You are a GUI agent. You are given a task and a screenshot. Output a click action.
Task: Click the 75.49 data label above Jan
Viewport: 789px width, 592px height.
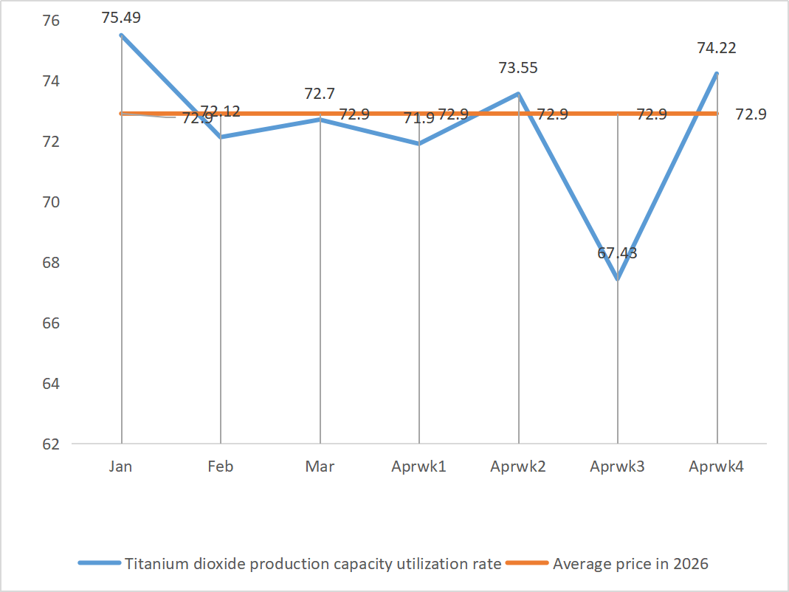click(121, 17)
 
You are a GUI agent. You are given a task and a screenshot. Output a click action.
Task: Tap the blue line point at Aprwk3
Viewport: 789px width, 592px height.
click(617, 280)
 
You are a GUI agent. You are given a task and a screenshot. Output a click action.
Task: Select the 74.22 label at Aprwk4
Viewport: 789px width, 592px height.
click(717, 49)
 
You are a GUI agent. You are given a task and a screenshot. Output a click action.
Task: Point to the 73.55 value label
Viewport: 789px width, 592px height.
click(518, 68)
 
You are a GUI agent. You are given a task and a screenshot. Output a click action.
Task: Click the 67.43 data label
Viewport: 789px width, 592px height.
click(617, 254)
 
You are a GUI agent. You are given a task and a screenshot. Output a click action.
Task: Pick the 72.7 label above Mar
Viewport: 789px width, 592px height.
click(320, 94)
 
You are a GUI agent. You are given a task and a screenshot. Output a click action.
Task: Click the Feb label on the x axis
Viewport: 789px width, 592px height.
click(221, 467)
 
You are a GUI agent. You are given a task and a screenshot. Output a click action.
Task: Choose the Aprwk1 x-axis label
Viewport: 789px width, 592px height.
click(419, 467)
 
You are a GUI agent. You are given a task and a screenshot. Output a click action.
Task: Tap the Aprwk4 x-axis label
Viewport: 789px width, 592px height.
click(717, 467)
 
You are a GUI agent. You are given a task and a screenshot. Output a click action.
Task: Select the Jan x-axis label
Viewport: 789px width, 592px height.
click(121, 467)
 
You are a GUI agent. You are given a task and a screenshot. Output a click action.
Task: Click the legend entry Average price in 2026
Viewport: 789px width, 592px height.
click(630, 564)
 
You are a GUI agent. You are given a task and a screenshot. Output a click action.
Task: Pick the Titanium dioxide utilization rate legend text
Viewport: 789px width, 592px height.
click(313, 564)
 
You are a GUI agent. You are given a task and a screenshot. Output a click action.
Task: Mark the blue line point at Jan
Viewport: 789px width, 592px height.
click(121, 35)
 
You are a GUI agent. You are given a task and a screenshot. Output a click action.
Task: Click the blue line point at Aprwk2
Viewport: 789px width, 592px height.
click(518, 94)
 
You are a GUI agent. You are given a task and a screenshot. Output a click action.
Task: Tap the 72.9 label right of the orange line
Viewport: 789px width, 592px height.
click(751, 114)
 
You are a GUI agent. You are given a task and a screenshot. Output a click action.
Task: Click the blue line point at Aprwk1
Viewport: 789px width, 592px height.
click(419, 144)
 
